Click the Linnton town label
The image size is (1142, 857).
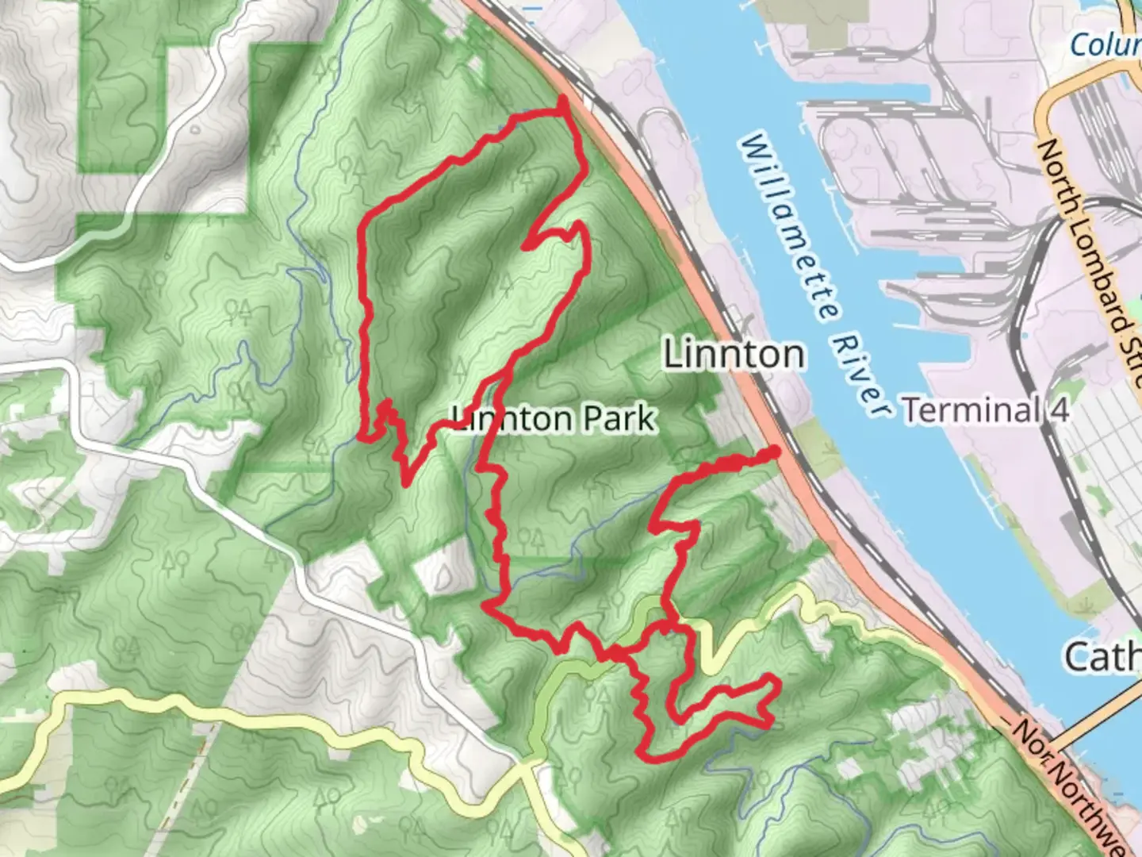[x=734, y=354]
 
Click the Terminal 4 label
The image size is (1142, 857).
[x=986, y=410]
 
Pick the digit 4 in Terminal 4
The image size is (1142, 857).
[x=1060, y=410]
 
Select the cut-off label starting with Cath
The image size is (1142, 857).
[x=1102, y=658]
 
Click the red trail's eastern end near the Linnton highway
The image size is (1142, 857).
[x=774, y=452]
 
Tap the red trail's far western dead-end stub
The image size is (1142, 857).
[x=361, y=436]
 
